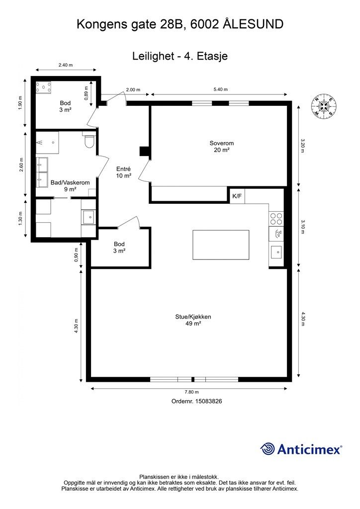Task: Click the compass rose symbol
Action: coord(324,106)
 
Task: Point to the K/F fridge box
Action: coord(237,196)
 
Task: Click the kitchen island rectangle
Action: coord(221,245)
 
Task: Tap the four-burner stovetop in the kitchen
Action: coord(276,219)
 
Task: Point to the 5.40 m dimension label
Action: coord(221,89)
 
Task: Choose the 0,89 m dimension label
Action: coord(87,93)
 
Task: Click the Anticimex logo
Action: coord(301,449)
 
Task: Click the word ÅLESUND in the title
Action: coord(253,24)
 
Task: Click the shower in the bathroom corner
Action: coord(47,143)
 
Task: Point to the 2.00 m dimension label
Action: coord(133,89)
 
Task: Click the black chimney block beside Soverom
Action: coord(144,152)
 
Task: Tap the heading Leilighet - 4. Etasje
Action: coord(180,56)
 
